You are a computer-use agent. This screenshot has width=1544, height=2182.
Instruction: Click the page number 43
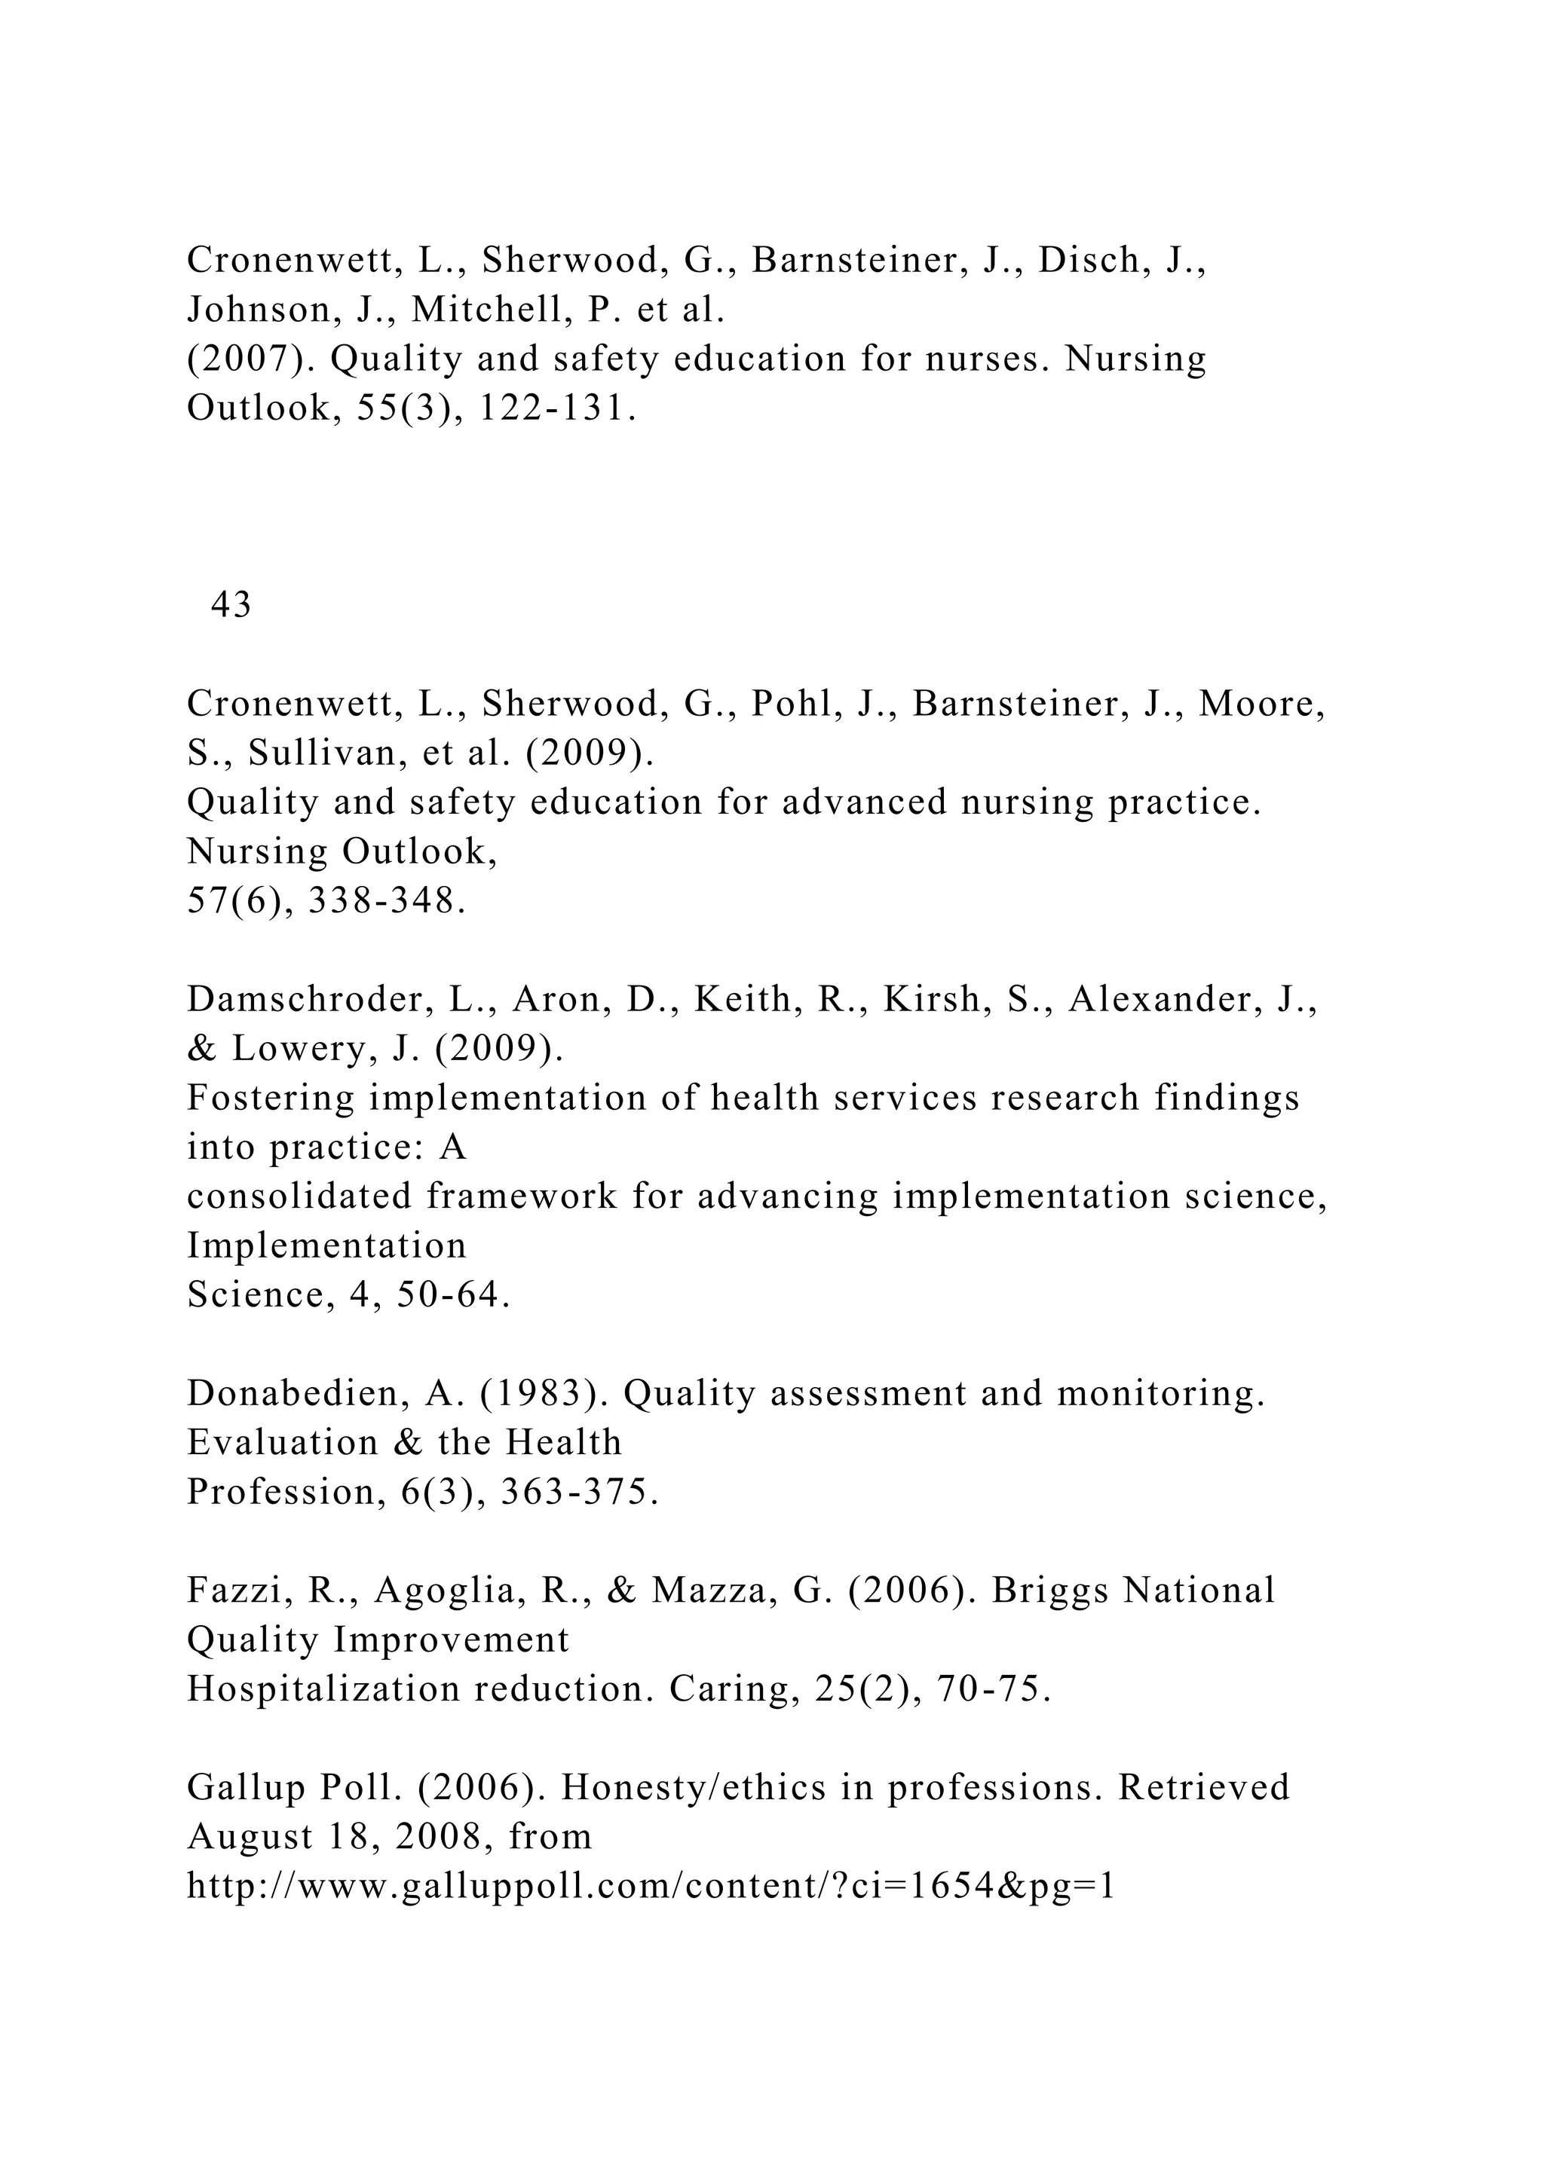point(231,604)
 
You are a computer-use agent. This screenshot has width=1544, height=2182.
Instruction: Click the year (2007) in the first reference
point(251,359)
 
